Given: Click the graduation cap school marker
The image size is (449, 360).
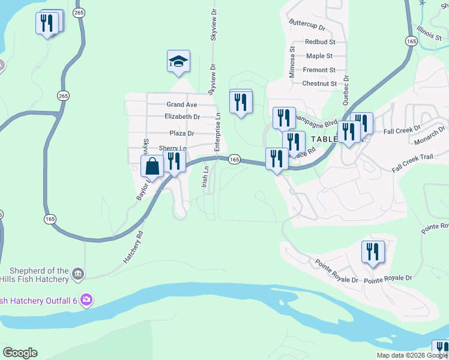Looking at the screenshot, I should pyautogui.click(x=178, y=62).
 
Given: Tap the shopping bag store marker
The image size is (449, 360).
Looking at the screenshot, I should pyautogui.click(x=152, y=167).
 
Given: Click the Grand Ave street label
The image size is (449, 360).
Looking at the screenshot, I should pyautogui.click(x=182, y=104).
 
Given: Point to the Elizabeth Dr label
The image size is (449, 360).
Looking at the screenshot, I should pyautogui.click(x=182, y=116).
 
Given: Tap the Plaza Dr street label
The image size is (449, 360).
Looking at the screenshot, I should pyautogui.click(x=182, y=133).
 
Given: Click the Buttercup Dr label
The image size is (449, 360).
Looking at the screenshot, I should pyautogui.click(x=306, y=28).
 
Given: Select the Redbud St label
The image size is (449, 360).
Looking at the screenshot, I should pyautogui.click(x=319, y=42).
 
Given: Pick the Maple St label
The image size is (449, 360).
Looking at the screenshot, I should pyautogui.click(x=319, y=56).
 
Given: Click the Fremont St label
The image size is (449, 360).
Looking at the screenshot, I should pyautogui.click(x=319, y=70).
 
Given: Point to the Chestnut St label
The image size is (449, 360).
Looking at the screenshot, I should pyautogui.click(x=319, y=84).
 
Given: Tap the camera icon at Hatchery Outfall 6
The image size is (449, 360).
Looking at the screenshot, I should pyautogui.click(x=86, y=299).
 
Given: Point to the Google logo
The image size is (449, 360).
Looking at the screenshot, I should pyautogui.click(x=20, y=353).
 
